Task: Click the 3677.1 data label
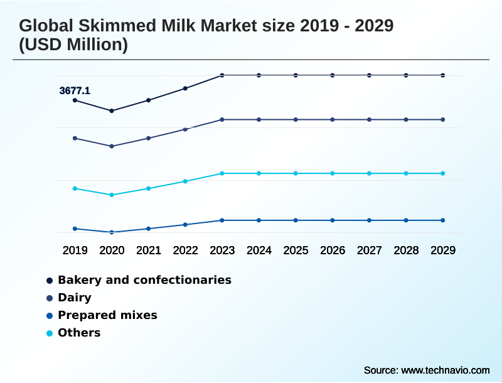point(75,91)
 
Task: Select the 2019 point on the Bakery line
point(75,100)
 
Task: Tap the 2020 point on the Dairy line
point(112,146)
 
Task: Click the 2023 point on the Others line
point(222,173)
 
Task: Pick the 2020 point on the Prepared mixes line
point(112,232)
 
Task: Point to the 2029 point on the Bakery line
point(443,75)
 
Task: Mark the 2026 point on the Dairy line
point(333,119)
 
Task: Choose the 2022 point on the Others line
point(185,181)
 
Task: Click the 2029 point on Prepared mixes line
point(443,220)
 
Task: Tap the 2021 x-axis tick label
point(149,251)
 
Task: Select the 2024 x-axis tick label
point(259,251)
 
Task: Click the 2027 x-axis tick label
point(369,251)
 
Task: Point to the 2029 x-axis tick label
point(443,251)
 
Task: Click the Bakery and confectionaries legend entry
point(144,280)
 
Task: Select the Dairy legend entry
point(74,298)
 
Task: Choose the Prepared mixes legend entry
point(107,315)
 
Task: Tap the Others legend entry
point(79,333)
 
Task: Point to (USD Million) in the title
point(73,45)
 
